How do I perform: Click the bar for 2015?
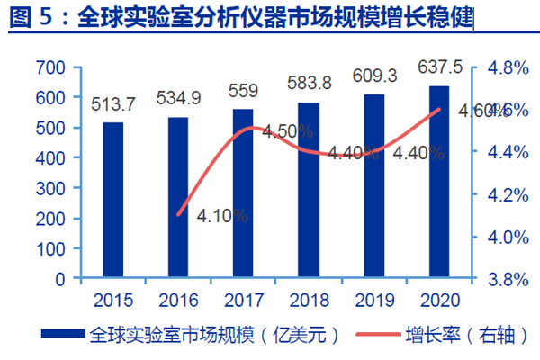(x=113, y=201)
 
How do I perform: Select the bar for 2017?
(x=244, y=193)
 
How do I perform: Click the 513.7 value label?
(x=113, y=105)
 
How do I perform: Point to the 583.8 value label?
(x=309, y=84)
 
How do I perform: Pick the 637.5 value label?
(x=439, y=67)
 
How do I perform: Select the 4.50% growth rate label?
(x=288, y=131)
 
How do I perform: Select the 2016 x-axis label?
(x=178, y=298)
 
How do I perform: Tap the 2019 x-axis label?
(x=373, y=298)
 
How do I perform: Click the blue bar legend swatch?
(x=64, y=335)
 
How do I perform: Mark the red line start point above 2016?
(x=179, y=215)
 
